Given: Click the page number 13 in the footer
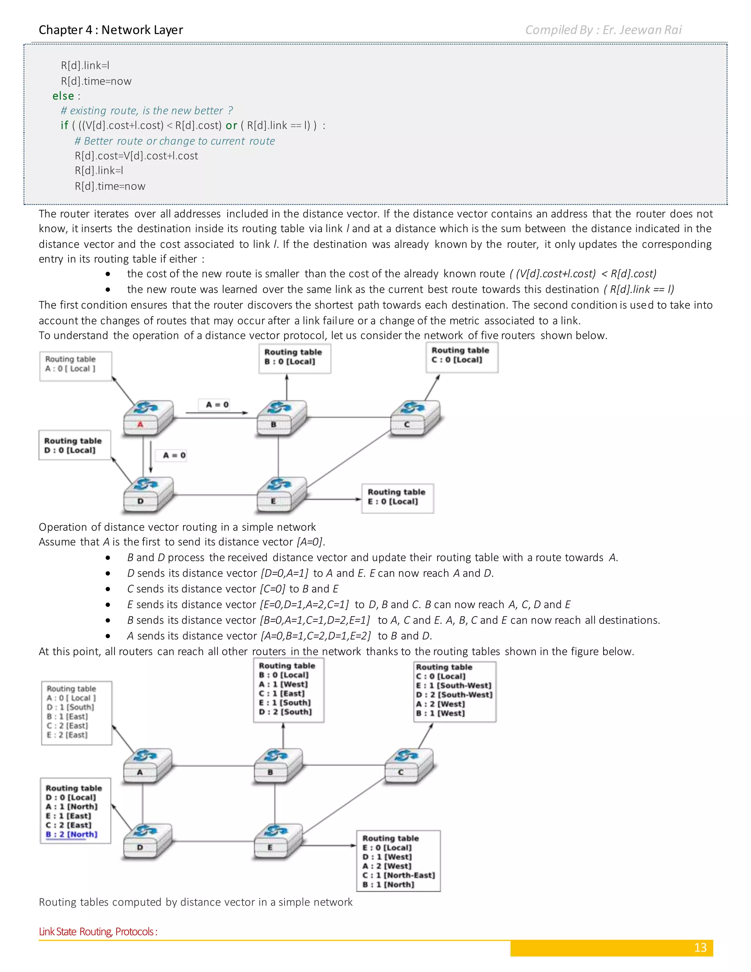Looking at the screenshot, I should (700, 947).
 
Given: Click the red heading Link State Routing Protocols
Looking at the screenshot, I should (98, 932).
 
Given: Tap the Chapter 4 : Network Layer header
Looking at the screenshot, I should (111, 30).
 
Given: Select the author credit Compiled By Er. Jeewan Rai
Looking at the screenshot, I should (603, 30).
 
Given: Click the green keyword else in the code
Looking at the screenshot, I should (63, 96).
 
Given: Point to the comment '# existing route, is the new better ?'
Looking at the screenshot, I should (146, 110).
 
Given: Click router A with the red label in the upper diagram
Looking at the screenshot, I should (148, 417).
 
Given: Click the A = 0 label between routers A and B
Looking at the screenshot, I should (217, 405).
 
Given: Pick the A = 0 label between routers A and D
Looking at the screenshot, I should (174, 455).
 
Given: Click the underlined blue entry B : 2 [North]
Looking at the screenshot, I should (72, 834).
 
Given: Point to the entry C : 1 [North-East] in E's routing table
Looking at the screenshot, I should (398, 875).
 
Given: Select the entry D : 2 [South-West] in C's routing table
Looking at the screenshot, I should (454, 695).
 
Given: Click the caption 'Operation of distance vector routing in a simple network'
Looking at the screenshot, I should (177, 527).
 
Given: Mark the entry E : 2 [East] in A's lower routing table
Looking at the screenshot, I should (67, 735).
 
